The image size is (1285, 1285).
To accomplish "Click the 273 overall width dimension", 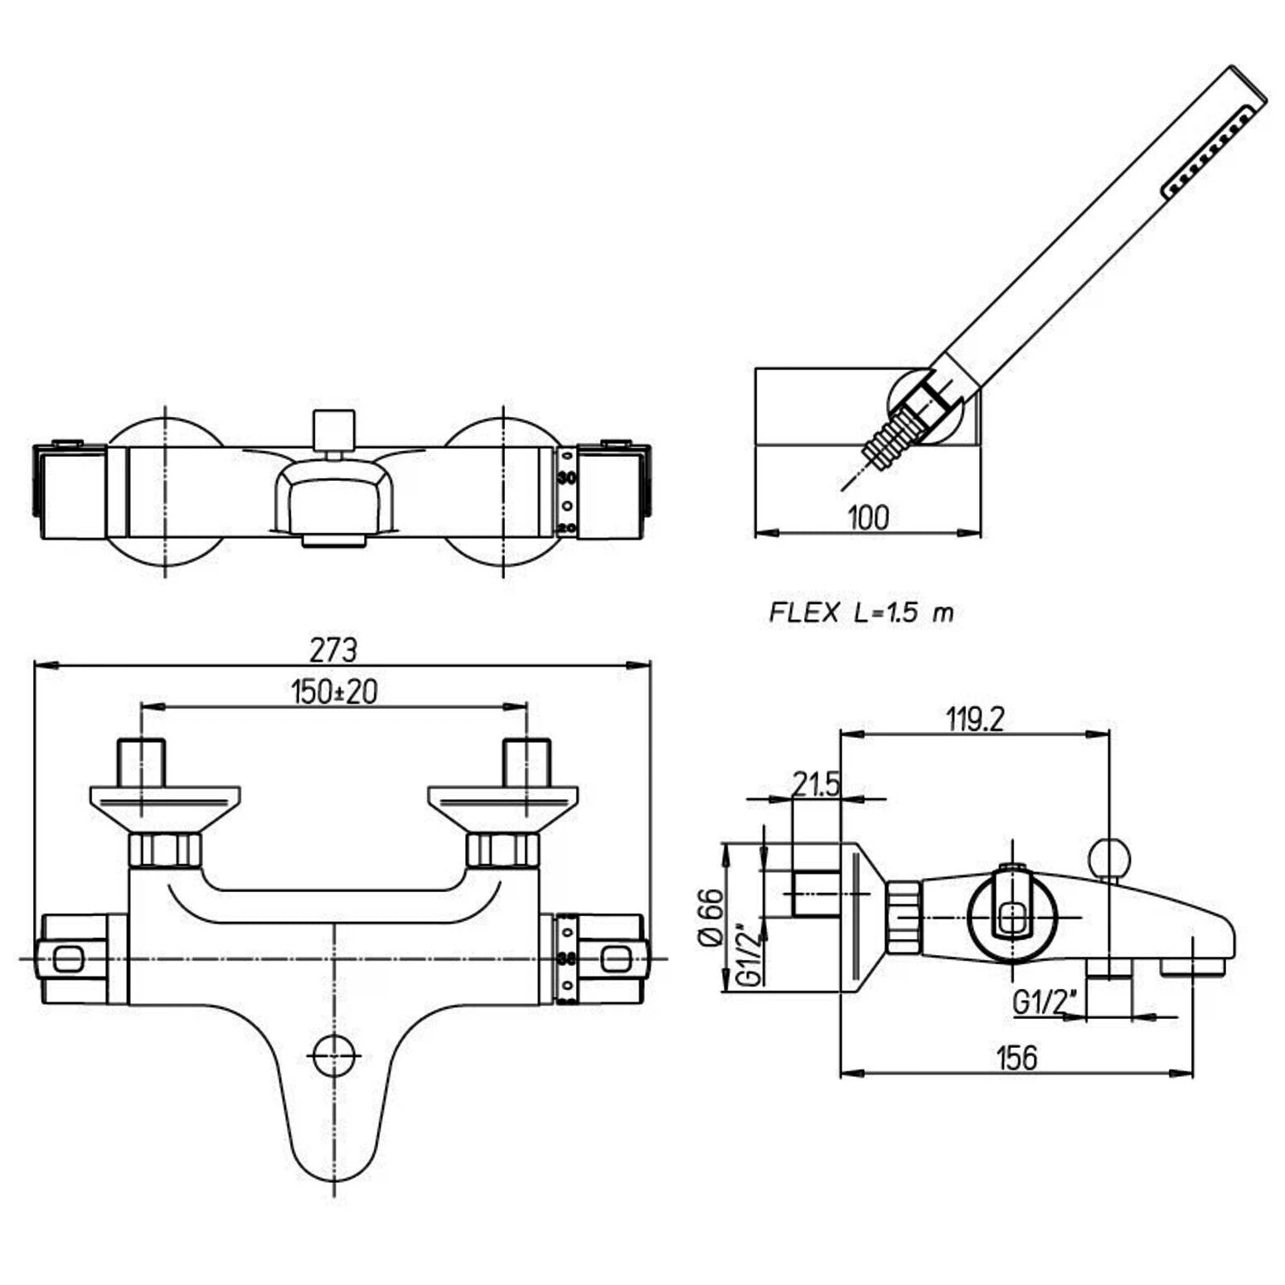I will [x=333, y=650].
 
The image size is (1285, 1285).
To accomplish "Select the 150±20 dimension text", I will [x=334, y=691].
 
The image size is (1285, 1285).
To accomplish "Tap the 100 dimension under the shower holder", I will [x=868, y=517].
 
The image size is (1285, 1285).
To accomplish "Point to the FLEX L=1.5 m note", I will [x=861, y=613].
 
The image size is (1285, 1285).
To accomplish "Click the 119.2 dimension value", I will [x=975, y=719].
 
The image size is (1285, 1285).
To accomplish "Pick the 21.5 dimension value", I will [x=816, y=783].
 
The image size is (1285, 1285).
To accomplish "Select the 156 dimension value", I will [x=1016, y=1057].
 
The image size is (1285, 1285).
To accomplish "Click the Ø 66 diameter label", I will [x=711, y=918].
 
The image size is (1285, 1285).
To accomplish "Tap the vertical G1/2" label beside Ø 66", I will [x=749, y=953].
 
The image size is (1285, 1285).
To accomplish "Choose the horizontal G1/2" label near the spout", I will [x=1045, y=1002].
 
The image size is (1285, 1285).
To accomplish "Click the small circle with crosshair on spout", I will [x=334, y=1055].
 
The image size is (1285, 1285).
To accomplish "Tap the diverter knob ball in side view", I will [x=1109, y=858].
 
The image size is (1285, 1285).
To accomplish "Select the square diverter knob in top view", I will [x=334, y=429].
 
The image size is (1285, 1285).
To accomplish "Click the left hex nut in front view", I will [x=165, y=850].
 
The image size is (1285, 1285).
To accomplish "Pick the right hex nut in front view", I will [x=503, y=850].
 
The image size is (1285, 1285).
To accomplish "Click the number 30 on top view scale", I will [x=567, y=478].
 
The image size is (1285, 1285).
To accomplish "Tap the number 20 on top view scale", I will [x=567, y=526].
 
